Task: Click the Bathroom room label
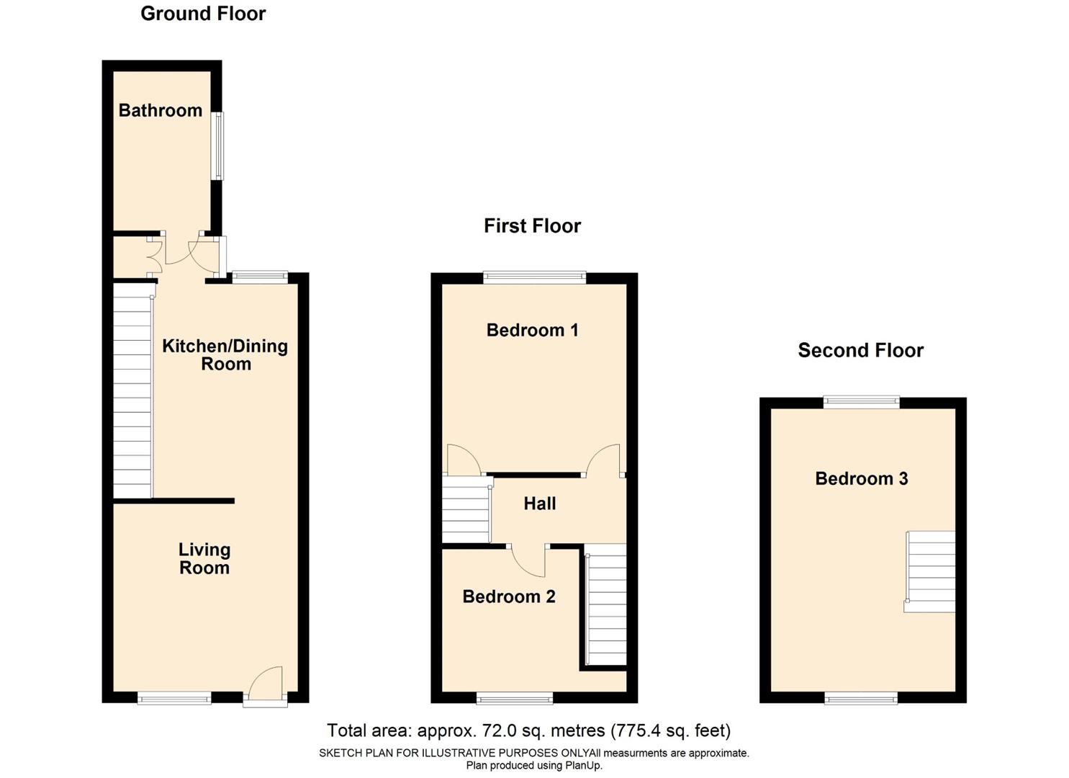160,110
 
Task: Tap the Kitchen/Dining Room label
225,354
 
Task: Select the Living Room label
204,558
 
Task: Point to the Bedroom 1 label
532,330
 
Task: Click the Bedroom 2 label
508,596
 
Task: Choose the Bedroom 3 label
861,478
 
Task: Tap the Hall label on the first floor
539,504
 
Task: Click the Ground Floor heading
203,14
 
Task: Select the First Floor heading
532,226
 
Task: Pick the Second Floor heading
860,351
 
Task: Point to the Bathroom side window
217,146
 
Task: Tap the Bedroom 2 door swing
528,562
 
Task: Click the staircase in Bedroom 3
930,571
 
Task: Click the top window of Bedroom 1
534,277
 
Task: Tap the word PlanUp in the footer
585,766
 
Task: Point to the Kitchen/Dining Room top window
260,277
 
